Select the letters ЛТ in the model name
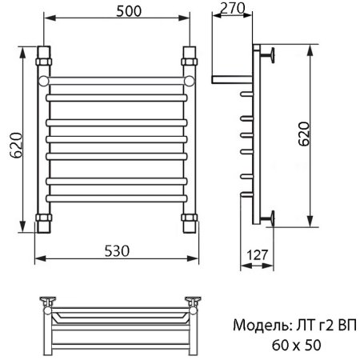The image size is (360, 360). (298, 326)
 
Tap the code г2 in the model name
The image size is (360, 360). (321, 326)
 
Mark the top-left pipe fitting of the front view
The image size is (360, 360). (43, 58)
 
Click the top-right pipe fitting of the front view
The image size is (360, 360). (189, 58)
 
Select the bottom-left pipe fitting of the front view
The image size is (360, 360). (43, 220)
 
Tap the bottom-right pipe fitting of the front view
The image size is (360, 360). (189, 220)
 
